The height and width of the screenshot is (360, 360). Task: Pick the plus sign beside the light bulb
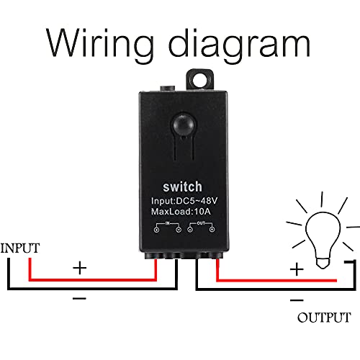[x=296, y=269]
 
